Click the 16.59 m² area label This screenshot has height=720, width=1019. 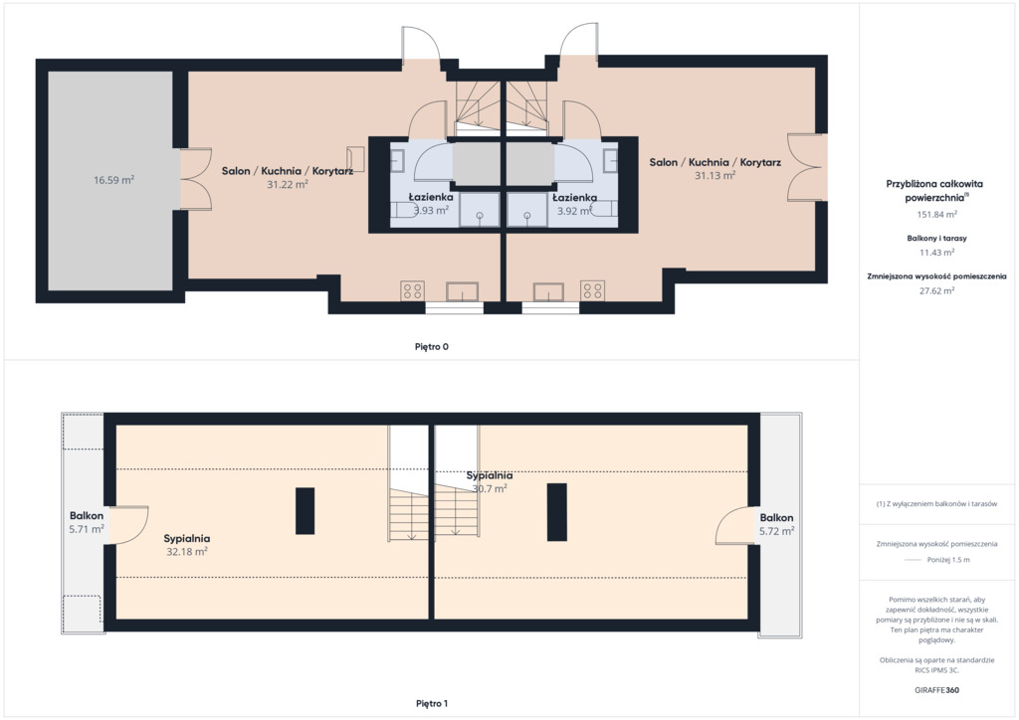(x=113, y=180)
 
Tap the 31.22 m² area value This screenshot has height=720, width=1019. (x=288, y=184)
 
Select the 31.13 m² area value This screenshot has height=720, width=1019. (x=714, y=175)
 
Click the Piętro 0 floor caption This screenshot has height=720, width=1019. (x=432, y=347)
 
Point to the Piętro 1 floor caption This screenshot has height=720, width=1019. (x=432, y=703)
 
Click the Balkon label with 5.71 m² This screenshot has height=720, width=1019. (x=87, y=515)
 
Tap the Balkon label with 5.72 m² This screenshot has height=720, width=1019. (x=776, y=517)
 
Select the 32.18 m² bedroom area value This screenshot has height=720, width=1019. (x=187, y=552)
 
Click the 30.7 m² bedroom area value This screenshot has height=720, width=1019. (x=490, y=489)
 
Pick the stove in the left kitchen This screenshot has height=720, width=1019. (x=413, y=290)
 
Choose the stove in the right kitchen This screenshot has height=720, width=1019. (x=593, y=290)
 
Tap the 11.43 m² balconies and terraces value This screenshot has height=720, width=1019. (x=936, y=253)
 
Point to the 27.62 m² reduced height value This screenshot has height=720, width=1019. (x=936, y=290)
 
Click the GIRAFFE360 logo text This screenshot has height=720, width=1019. (x=936, y=690)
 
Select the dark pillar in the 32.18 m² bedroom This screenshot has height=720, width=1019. (x=305, y=511)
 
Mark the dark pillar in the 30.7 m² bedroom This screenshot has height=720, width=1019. (x=557, y=511)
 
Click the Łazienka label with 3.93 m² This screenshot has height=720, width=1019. (x=431, y=197)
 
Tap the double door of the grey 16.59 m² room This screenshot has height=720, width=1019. (x=195, y=179)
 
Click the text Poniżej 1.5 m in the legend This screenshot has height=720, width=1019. (x=948, y=560)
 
